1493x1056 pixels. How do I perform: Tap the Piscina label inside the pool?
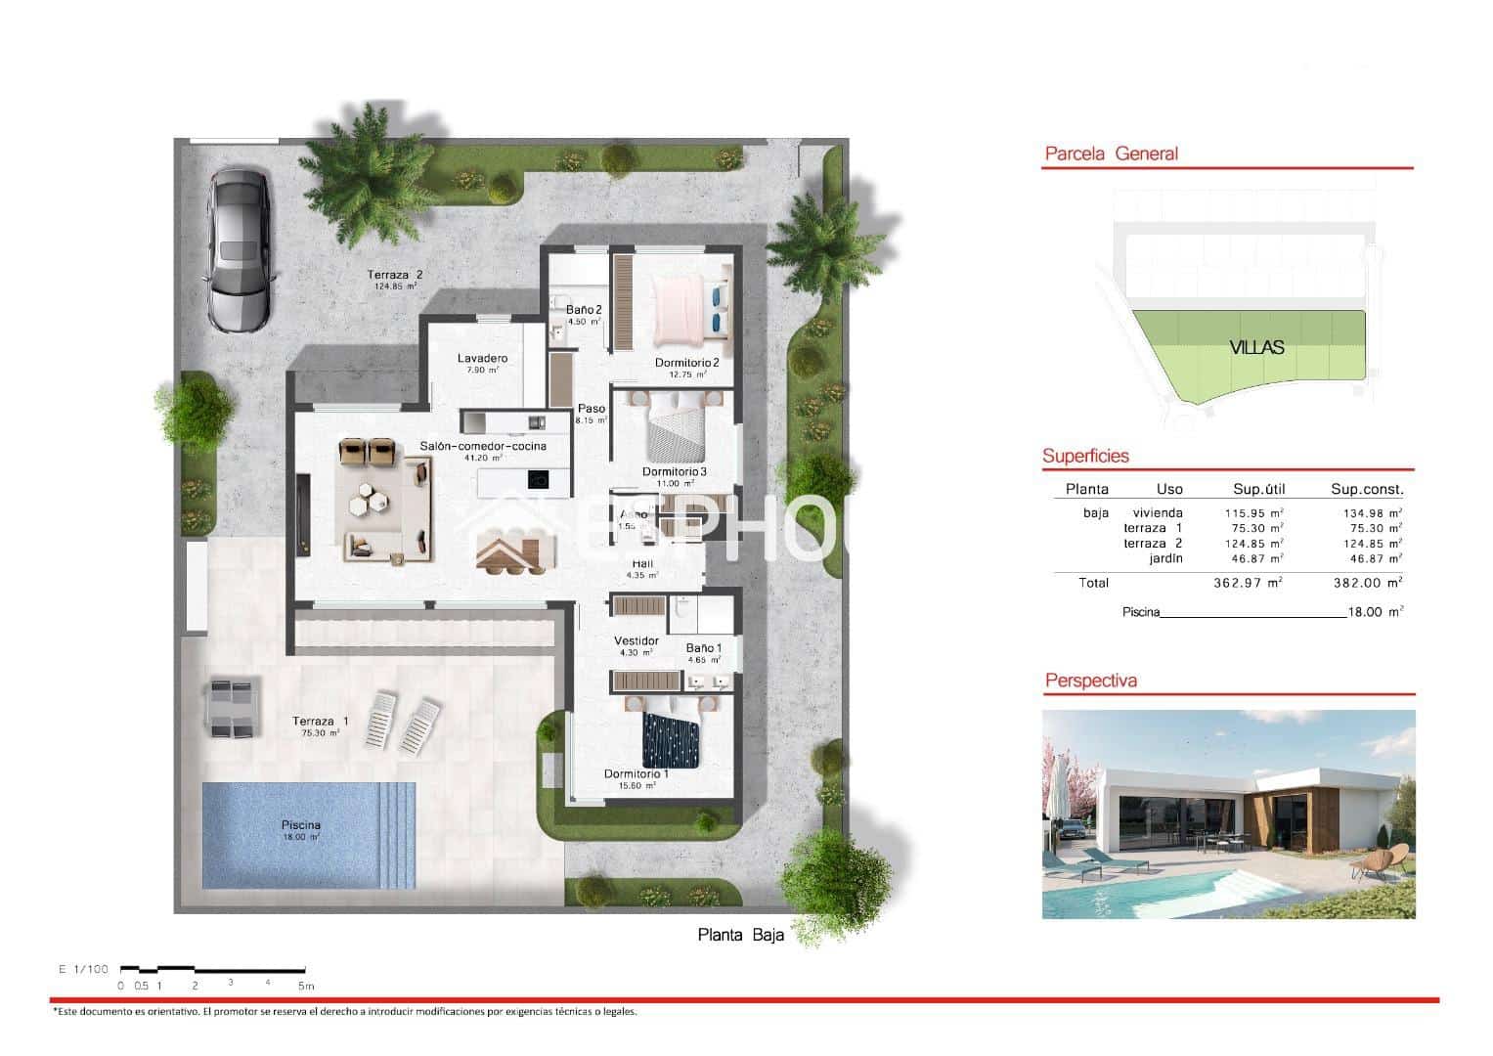tap(300, 825)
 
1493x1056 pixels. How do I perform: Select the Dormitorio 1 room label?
tap(636, 773)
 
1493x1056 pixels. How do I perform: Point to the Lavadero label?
tap(482, 358)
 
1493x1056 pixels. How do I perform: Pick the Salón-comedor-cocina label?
tap(483, 446)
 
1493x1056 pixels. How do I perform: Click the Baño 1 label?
tap(704, 647)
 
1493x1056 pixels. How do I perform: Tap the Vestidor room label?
tap(637, 641)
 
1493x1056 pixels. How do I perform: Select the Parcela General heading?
tap(1111, 154)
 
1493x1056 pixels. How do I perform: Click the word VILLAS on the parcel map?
tap(1256, 347)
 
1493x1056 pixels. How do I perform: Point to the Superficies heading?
tap(1085, 456)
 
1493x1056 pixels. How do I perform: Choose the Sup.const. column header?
tap(1366, 489)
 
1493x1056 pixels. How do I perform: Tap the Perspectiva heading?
tap(1090, 681)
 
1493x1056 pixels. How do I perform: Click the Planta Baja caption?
tap(740, 935)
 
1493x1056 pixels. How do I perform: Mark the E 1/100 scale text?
tap(83, 969)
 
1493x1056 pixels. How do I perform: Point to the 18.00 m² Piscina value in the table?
tap(1374, 612)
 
